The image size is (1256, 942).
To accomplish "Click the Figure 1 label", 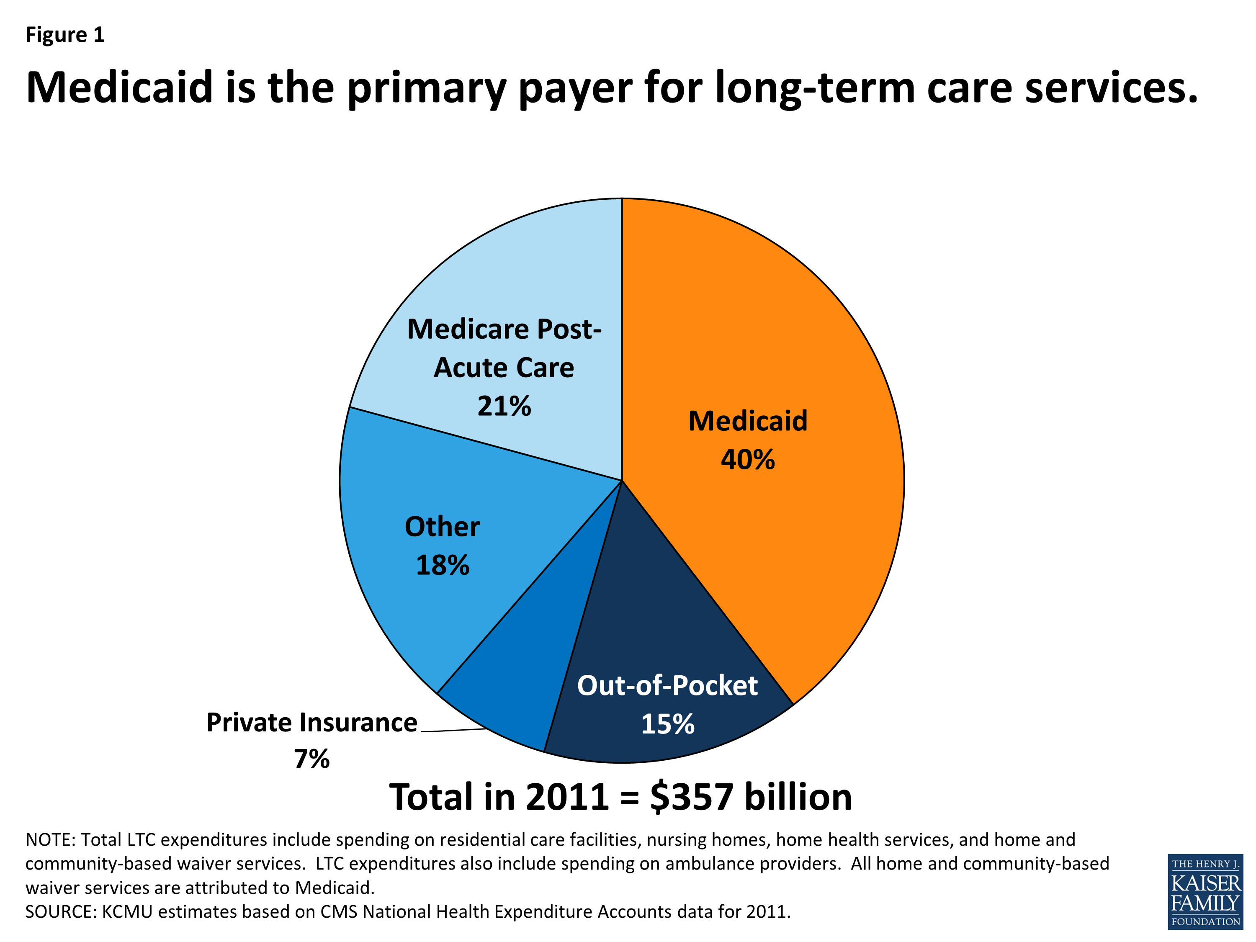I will (x=65, y=35).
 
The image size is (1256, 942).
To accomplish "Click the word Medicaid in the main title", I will (x=119, y=88).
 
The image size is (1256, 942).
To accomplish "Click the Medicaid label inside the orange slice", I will (x=747, y=421).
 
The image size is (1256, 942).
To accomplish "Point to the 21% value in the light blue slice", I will (x=504, y=407).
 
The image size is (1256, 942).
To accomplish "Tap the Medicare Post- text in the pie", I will (x=504, y=329).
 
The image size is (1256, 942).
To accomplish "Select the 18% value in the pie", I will (x=443, y=566).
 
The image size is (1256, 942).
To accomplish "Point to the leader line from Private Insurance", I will (x=454, y=730).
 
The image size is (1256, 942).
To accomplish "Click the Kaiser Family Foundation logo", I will (x=1205, y=891).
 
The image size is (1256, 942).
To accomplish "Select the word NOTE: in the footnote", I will (x=50, y=840).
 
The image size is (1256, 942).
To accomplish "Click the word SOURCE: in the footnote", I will (x=61, y=912).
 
